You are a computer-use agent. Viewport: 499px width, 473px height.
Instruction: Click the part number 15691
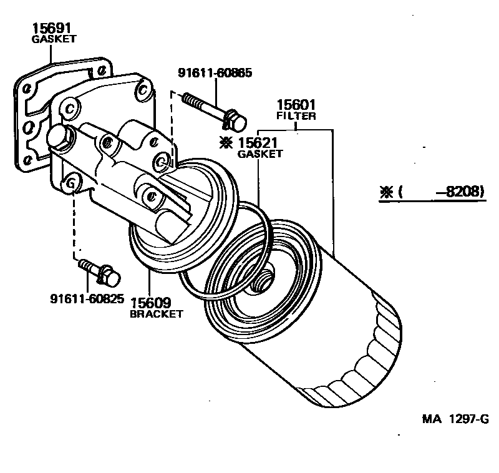(53, 28)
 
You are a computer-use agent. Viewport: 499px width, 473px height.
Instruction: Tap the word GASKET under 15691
(53, 39)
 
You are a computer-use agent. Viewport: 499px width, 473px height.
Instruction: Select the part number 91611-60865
(215, 73)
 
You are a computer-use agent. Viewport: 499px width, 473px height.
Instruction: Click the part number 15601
(296, 105)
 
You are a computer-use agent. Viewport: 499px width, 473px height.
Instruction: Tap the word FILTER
(296, 116)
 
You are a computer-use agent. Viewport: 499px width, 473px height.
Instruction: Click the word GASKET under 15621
(260, 154)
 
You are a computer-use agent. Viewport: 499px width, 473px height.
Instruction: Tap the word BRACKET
(156, 314)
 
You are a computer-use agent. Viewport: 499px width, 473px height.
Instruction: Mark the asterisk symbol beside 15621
(226, 142)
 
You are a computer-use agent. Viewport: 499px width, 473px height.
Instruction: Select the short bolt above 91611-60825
(99, 271)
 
